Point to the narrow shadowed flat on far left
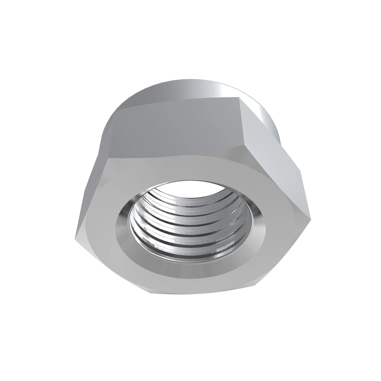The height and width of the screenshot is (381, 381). tap(92, 184)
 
